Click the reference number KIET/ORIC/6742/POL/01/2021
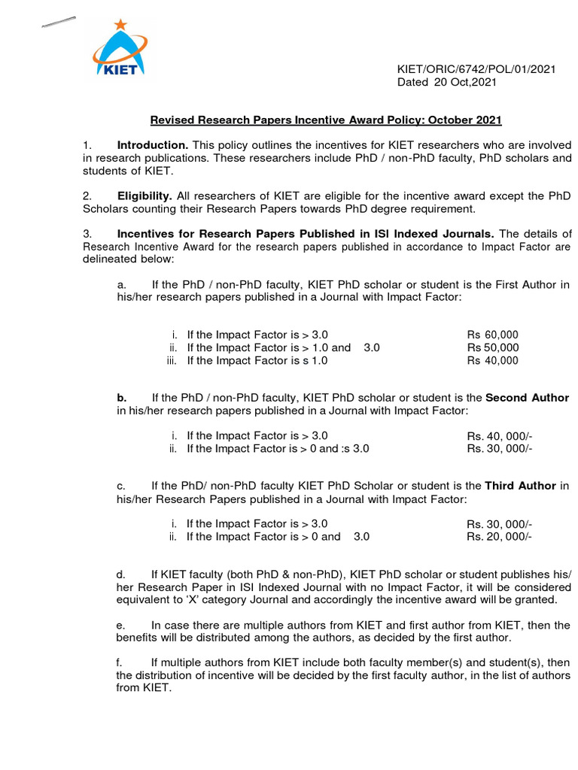coord(476,69)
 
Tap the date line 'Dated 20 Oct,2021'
coord(447,83)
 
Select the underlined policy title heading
coord(326,120)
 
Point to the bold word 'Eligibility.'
coord(146,196)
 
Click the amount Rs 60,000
coord(493,335)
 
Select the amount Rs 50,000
coord(493,347)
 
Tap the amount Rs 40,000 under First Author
coord(493,360)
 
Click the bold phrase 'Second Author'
coord(528,398)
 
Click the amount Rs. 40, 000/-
coord(500,436)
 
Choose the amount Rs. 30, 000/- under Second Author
coord(500,449)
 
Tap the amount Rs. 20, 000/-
coord(500,537)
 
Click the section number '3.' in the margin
coord(87,234)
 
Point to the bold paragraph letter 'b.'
coord(121,398)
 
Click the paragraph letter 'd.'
coord(120,574)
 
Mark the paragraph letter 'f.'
coord(119,662)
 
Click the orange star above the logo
coord(119,24)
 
